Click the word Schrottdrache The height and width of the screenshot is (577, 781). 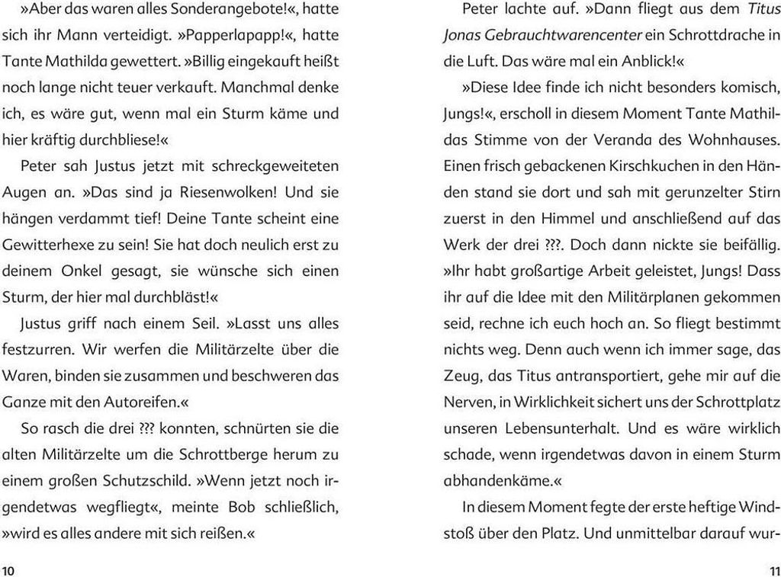[x=711, y=35]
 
